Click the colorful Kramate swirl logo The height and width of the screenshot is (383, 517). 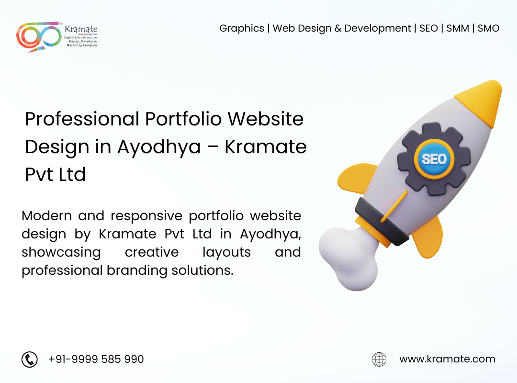pyautogui.click(x=39, y=36)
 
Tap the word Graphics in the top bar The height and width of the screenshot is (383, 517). pyautogui.click(x=242, y=29)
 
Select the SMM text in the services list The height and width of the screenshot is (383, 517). pyautogui.click(x=458, y=28)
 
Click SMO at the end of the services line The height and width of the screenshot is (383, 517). pyautogui.click(x=488, y=28)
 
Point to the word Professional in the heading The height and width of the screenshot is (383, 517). pyautogui.click(x=82, y=119)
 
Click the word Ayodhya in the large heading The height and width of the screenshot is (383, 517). pyautogui.click(x=159, y=147)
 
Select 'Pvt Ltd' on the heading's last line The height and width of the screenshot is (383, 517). pyautogui.click(x=56, y=175)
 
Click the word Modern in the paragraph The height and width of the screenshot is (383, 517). pyautogui.click(x=46, y=216)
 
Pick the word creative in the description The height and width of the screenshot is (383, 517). pyautogui.click(x=152, y=252)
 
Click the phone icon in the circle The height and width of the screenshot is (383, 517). pyautogui.click(x=30, y=359)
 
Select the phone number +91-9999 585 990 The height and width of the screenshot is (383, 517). pyautogui.click(x=96, y=359)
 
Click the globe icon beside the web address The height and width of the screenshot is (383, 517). pyautogui.click(x=379, y=359)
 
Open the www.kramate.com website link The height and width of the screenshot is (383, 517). pyautogui.click(x=447, y=359)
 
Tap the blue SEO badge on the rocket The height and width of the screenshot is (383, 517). pyautogui.click(x=434, y=159)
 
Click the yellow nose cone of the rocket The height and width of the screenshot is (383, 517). pyautogui.click(x=482, y=101)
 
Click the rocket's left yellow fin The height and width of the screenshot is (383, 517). pyautogui.click(x=357, y=178)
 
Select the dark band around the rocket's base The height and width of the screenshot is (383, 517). pyautogui.click(x=382, y=222)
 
